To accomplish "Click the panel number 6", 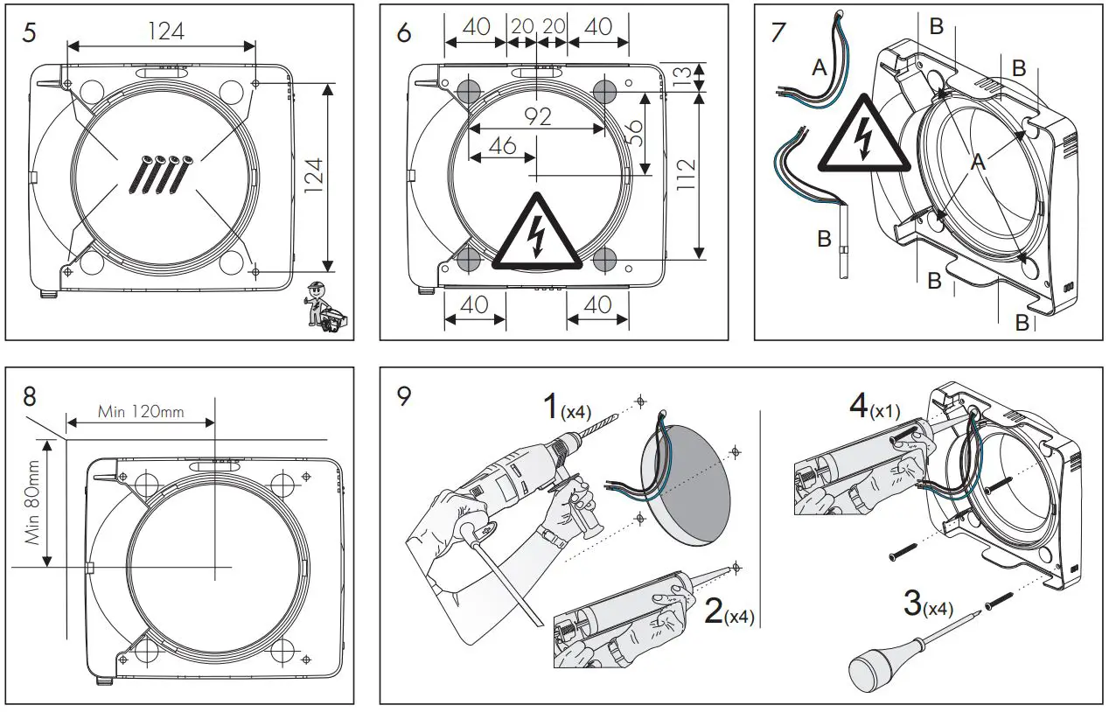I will [403, 32].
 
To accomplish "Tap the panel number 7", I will [778, 32].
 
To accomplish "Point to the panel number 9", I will [403, 395].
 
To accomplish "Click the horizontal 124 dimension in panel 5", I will [165, 31].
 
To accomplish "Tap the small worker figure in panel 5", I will [323, 308].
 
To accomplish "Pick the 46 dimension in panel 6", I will [501, 145].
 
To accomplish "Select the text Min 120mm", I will [140, 411].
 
